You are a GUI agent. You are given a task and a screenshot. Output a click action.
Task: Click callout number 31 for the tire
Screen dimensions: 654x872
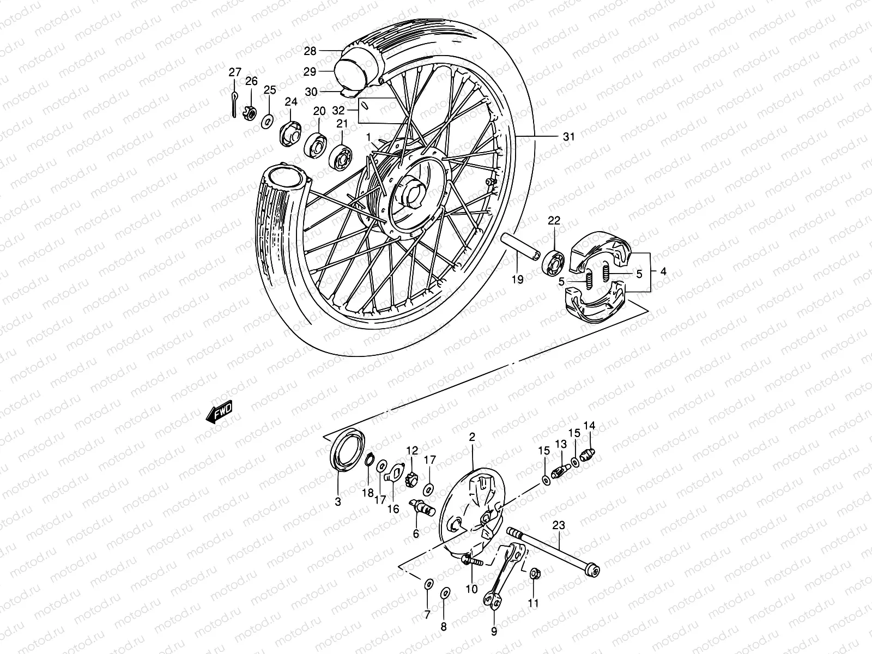pos(568,137)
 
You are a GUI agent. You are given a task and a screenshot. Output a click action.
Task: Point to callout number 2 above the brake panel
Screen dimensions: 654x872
pos(472,437)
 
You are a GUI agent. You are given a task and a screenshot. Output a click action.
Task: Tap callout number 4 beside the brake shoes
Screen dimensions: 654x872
pos(663,271)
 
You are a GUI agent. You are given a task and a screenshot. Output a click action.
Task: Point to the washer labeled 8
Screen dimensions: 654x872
pos(445,593)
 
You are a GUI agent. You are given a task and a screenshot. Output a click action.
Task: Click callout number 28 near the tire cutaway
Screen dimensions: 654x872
pos(310,51)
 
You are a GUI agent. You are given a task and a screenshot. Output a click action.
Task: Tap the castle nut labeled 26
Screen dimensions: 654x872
pos(251,113)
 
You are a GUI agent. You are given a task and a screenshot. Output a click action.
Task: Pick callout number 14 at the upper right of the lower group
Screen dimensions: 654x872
pos(590,426)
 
